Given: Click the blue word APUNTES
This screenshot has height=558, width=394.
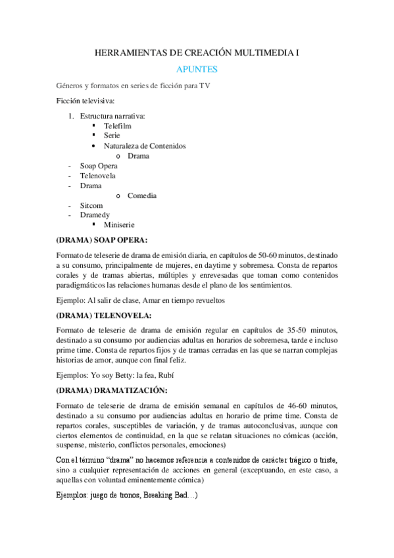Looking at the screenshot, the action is (x=197, y=69).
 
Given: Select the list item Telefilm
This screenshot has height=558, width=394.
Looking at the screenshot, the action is (x=117, y=125).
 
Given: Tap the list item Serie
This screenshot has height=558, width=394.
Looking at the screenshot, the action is (x=112, y=135).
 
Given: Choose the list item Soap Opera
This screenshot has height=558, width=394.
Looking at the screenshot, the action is (x=99, y=166).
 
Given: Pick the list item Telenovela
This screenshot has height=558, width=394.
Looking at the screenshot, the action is (x=97, y=176).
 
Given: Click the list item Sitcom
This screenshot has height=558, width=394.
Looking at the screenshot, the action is (x=91, y=205).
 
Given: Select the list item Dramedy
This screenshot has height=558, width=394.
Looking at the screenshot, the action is (x=95, y=215).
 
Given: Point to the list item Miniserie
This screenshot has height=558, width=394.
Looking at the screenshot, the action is (x=119, y=225).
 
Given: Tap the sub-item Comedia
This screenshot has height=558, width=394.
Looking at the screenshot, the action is (x=142, y=195).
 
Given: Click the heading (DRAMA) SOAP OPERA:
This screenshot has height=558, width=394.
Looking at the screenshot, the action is (x=102, y=240).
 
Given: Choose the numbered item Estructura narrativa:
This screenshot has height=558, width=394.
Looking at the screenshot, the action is (x=112, y=116).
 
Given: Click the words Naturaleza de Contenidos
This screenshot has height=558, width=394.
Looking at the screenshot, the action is (x=145, y=145).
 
